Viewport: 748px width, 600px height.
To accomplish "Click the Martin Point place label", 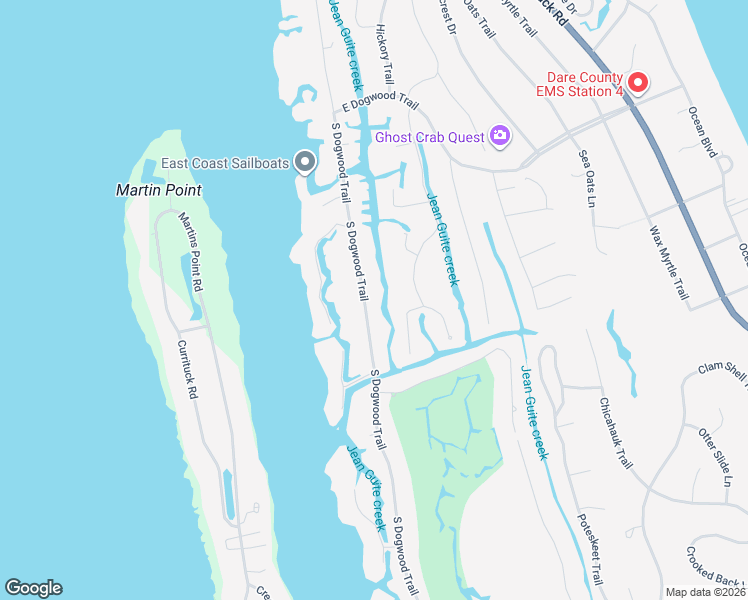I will (x=158, y=189).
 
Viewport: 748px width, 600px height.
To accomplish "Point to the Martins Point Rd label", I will (x=191, y=251).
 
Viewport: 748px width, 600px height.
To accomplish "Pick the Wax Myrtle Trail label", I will (x=669, y=263).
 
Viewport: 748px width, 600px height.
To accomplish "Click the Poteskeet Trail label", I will (x=590, y=549).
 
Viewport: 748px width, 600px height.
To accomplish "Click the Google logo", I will (x=33, y=588).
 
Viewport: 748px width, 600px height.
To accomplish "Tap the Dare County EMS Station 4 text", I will (x=584, y=85).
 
